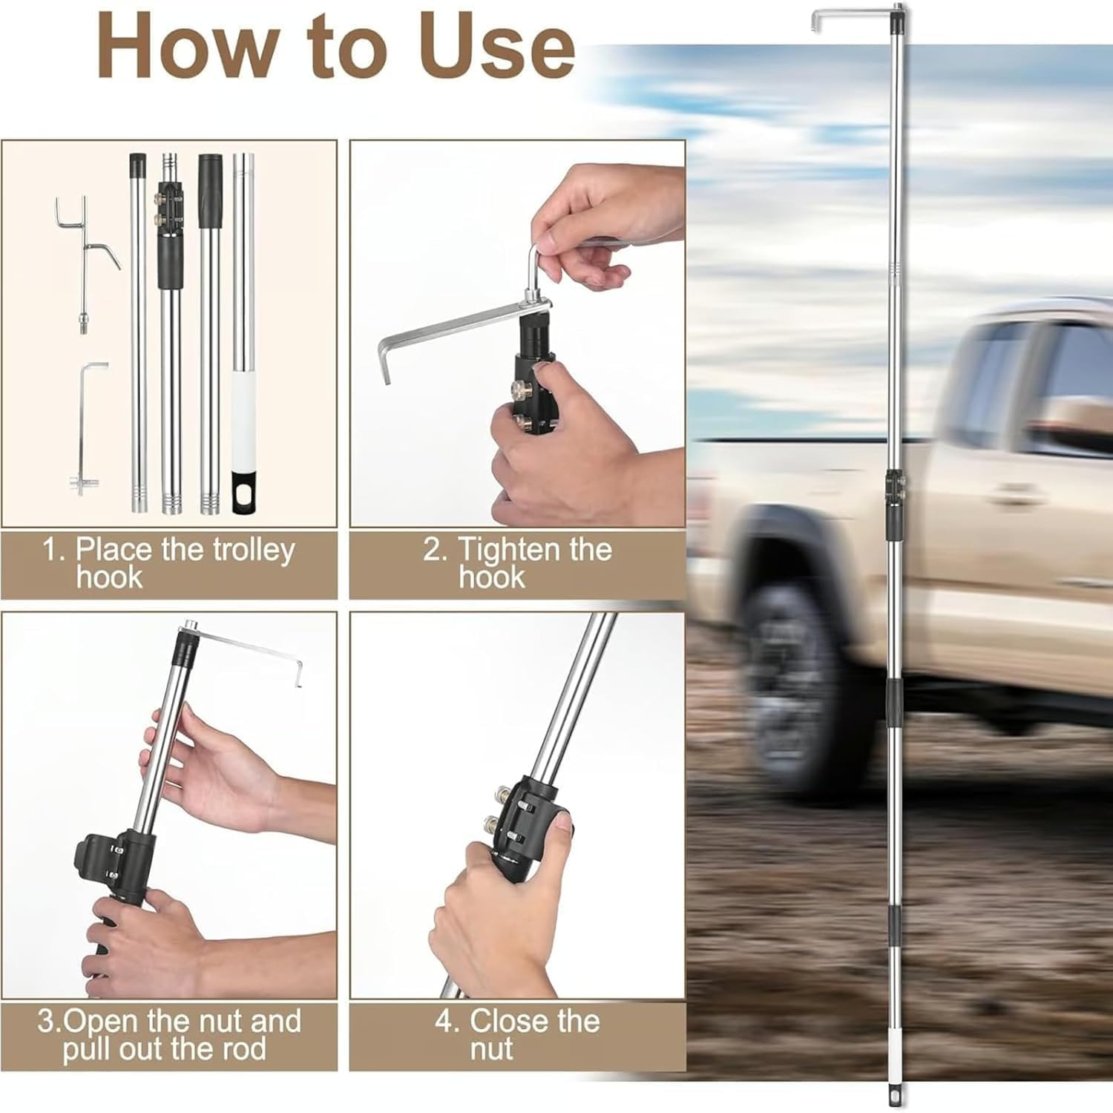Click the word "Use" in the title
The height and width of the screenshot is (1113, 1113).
click(x=496, y=47)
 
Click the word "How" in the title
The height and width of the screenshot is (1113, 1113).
click(x=185, y=47)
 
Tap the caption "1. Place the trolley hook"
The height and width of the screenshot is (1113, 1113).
click(x=168, y=563)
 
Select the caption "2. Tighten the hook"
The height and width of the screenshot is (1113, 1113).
click(x=517, y=563)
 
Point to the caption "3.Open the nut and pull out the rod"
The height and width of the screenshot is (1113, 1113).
click(x=168, y=1035)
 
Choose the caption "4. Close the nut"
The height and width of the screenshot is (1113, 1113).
click(x=517, y=1035)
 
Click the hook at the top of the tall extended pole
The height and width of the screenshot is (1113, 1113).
click(x=853, y=13)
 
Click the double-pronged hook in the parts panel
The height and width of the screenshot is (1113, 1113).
click(x=85, y=252)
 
